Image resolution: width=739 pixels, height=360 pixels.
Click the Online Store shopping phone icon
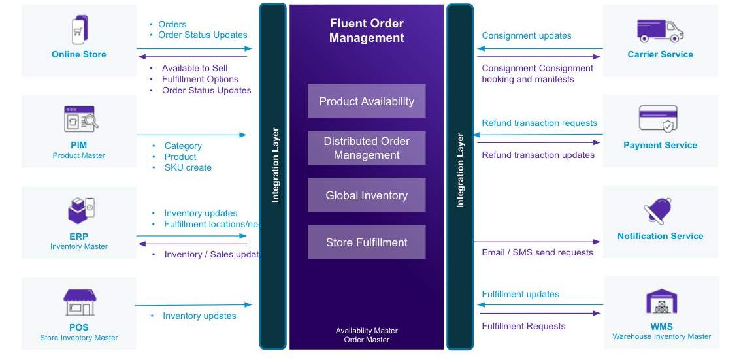tap(79, 29)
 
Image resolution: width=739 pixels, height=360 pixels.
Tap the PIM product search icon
tap(79, 120)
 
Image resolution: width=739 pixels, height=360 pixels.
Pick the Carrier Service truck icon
tap(660, 30)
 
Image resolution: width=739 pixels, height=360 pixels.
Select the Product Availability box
tap(367, 101)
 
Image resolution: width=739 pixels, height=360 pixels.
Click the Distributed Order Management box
tap(367, 148)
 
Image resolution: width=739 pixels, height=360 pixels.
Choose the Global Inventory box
tap(367, 195)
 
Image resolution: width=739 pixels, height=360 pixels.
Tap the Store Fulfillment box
tap(367, 242)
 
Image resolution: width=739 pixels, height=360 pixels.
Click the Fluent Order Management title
tap(367, 31)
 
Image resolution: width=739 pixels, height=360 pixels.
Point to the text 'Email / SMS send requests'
tap(537, 252)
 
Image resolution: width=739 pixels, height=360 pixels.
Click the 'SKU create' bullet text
tap(188, 167)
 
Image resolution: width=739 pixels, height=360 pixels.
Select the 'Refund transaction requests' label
tap(539, 123)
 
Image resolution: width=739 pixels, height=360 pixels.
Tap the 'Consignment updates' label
tap(527, 36)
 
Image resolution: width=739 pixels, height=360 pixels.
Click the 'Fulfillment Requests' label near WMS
tap(523, 326)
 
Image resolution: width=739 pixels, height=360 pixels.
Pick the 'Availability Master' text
tap(367, 331)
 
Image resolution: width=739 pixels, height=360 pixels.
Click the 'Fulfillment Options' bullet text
tap(200, 79)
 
